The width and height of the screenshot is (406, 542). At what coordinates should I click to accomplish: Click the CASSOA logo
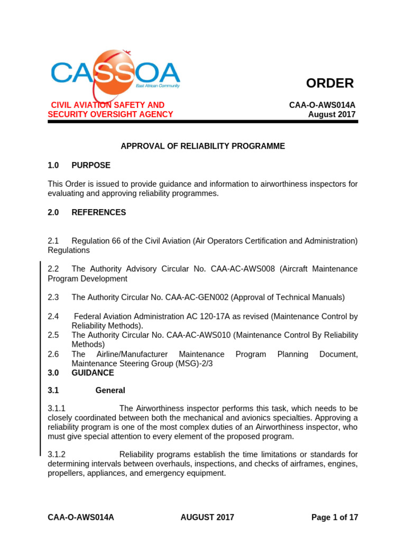[x=115, y=72]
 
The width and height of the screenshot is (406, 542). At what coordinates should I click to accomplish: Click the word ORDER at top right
[x=330, y=83]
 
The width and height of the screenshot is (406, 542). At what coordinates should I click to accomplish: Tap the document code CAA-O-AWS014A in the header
[x=322, y=105]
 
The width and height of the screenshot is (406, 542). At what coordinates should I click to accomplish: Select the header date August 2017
[x=332, y=114]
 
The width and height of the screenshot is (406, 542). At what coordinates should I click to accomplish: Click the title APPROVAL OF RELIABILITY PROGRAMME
[x=203, y=146]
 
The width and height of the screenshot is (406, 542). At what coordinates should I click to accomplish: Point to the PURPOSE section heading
[x=91, y=165]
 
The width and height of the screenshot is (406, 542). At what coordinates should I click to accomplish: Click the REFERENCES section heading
[x=98, y=212]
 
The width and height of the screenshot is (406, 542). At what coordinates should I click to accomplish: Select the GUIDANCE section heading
[x=93, y=373]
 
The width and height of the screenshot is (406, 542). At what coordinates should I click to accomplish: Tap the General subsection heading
[x=110, y=391]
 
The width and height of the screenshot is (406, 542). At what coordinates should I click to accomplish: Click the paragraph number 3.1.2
[x=57, y=455]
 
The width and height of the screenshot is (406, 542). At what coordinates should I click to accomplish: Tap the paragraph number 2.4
[x=53, y=317]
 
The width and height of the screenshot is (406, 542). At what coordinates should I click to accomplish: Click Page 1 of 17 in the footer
[x=335, y=517]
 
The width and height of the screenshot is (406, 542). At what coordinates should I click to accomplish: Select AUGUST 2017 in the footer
[x=207, y=517]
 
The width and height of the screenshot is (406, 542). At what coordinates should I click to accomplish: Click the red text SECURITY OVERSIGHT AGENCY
[x=110, y=114]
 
